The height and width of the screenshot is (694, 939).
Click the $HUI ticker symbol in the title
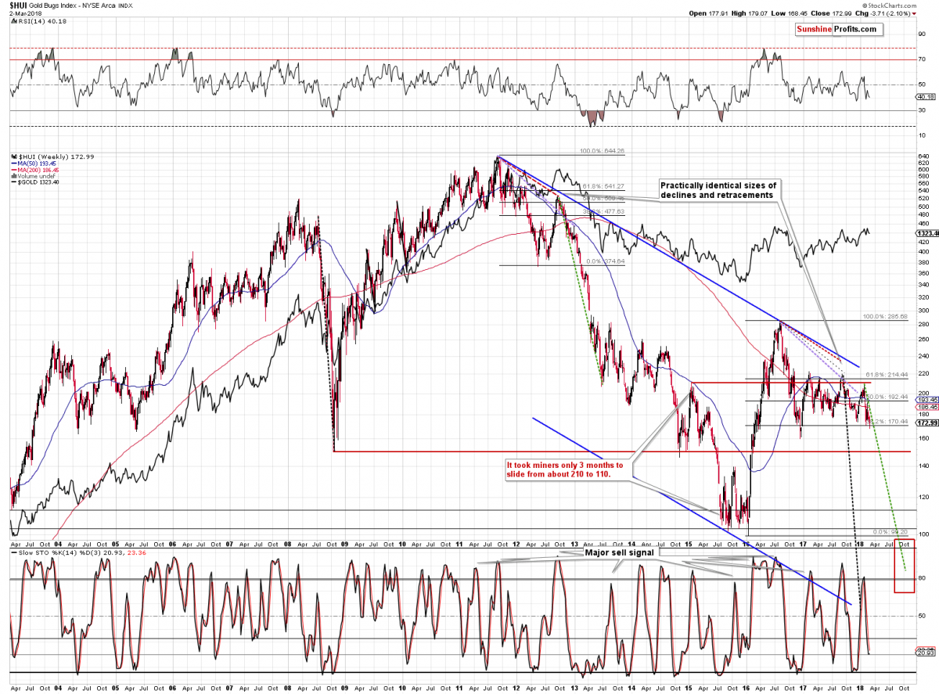point(20,5)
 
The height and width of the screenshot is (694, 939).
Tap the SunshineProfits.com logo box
point(836,29)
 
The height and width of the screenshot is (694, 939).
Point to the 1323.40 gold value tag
point(927,232)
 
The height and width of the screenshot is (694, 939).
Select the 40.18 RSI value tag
point(923,98)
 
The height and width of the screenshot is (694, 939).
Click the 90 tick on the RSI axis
point(921,34)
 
